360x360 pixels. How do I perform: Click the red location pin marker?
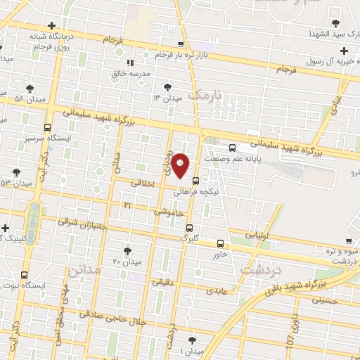pyautogui.click(x=181, y=165)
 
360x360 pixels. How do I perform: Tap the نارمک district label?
pyautogui.click(x=209, y=94)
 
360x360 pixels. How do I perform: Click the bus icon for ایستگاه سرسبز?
pyautogui.click(x=47, y=128)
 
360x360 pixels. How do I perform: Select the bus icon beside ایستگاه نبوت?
pyautogui.click(x=25, y=274)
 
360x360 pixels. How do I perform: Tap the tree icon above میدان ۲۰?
pyautogui.click(x=127, y=250)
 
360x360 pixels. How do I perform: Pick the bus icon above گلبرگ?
pyautogui.click(x=189, y=227)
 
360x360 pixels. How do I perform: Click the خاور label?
pyautogui.click(x=220, y=255)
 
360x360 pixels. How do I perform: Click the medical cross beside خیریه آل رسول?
pyautogui.click(x=343, y=51)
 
